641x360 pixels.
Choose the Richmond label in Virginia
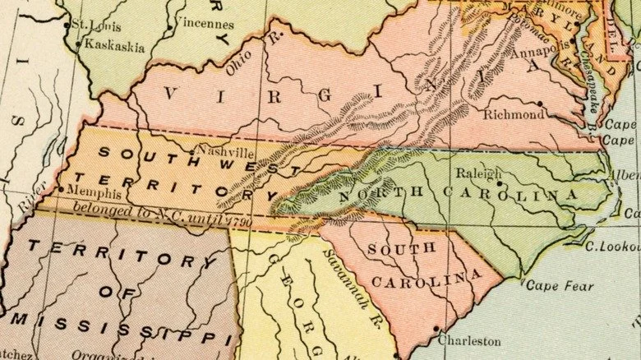click(x=513, y=114)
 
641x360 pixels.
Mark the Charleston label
click(x=468, y=339)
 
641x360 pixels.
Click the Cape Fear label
click(x=553, y=285)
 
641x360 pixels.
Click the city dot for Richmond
click(x=540, y=104)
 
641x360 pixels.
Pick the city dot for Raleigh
click(x=500, y=183)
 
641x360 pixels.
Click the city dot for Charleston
click(x=436, y=330)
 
